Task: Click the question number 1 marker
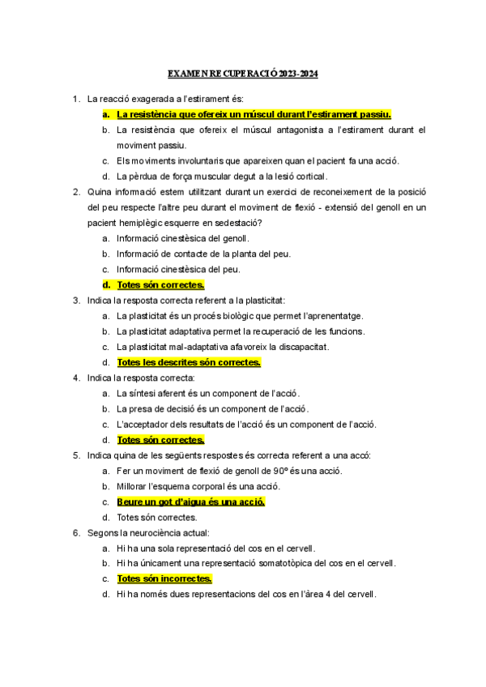[75, 99]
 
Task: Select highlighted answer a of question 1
[254, 114]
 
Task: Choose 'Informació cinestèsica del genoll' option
[183, 238]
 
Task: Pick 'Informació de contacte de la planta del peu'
[203, 254]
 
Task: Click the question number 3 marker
[75, 301]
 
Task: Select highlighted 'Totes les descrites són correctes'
[189, 362]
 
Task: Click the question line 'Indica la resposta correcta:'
[141, 378]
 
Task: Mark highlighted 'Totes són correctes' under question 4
[160, 440]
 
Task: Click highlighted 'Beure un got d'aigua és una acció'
[190, 501]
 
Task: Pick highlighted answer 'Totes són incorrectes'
[164, 579]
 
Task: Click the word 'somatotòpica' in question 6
[279, 564]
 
